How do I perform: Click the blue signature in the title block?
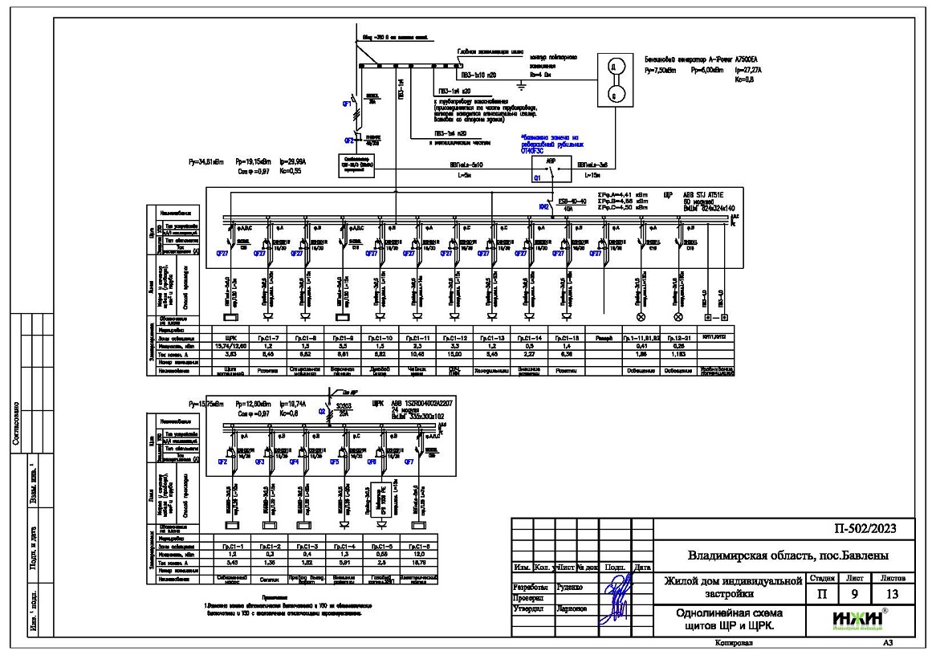click(614, 598)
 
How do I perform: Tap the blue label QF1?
click(348, 104)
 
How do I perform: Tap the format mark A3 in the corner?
click(888, 644)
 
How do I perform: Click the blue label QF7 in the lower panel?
click(409, 462)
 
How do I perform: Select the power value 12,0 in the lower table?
click(420, 554)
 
